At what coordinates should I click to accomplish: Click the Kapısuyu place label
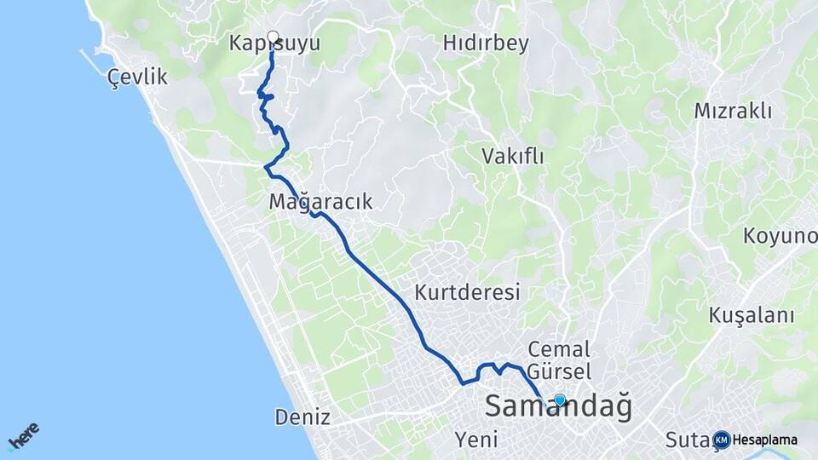pyautogui.click(x=274, y=43)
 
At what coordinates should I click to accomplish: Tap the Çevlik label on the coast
pyautogui.click(x=138, y=78)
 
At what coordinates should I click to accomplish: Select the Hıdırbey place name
pyautogui.click(x=486, y=43)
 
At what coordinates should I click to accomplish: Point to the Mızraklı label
pyautogui.click(x=732, y=111)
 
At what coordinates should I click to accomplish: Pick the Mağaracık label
pyautogui.click(x=320, y=202)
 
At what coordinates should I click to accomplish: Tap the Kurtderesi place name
pyautogui.click(x=467, y=292)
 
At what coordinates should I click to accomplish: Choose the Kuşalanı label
pyautogui.click(x=752, y=315)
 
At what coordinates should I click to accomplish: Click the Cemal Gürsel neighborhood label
pyautogui.click(x=559, y=359)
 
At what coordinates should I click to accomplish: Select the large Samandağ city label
pyautogui.click(x=558, y=406)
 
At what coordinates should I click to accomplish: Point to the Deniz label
pyautogui.click(x=302, y=417)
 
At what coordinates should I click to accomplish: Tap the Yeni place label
pyautogui.click(x=476, y=440)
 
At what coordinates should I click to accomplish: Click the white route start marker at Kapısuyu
pyautogui.click(x=273, y=36)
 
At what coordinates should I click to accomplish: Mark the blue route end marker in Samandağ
pyautogui.click(x=560, y=400)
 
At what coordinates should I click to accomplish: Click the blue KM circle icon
pyautogui.click(x=722, y=440)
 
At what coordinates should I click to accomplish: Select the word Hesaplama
pyautogui.click(x=764, y=440)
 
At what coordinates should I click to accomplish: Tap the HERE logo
pyautogui.click(x=24, y=436)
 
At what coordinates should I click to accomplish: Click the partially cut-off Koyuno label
pyautogui.click(x=780, y=235)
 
